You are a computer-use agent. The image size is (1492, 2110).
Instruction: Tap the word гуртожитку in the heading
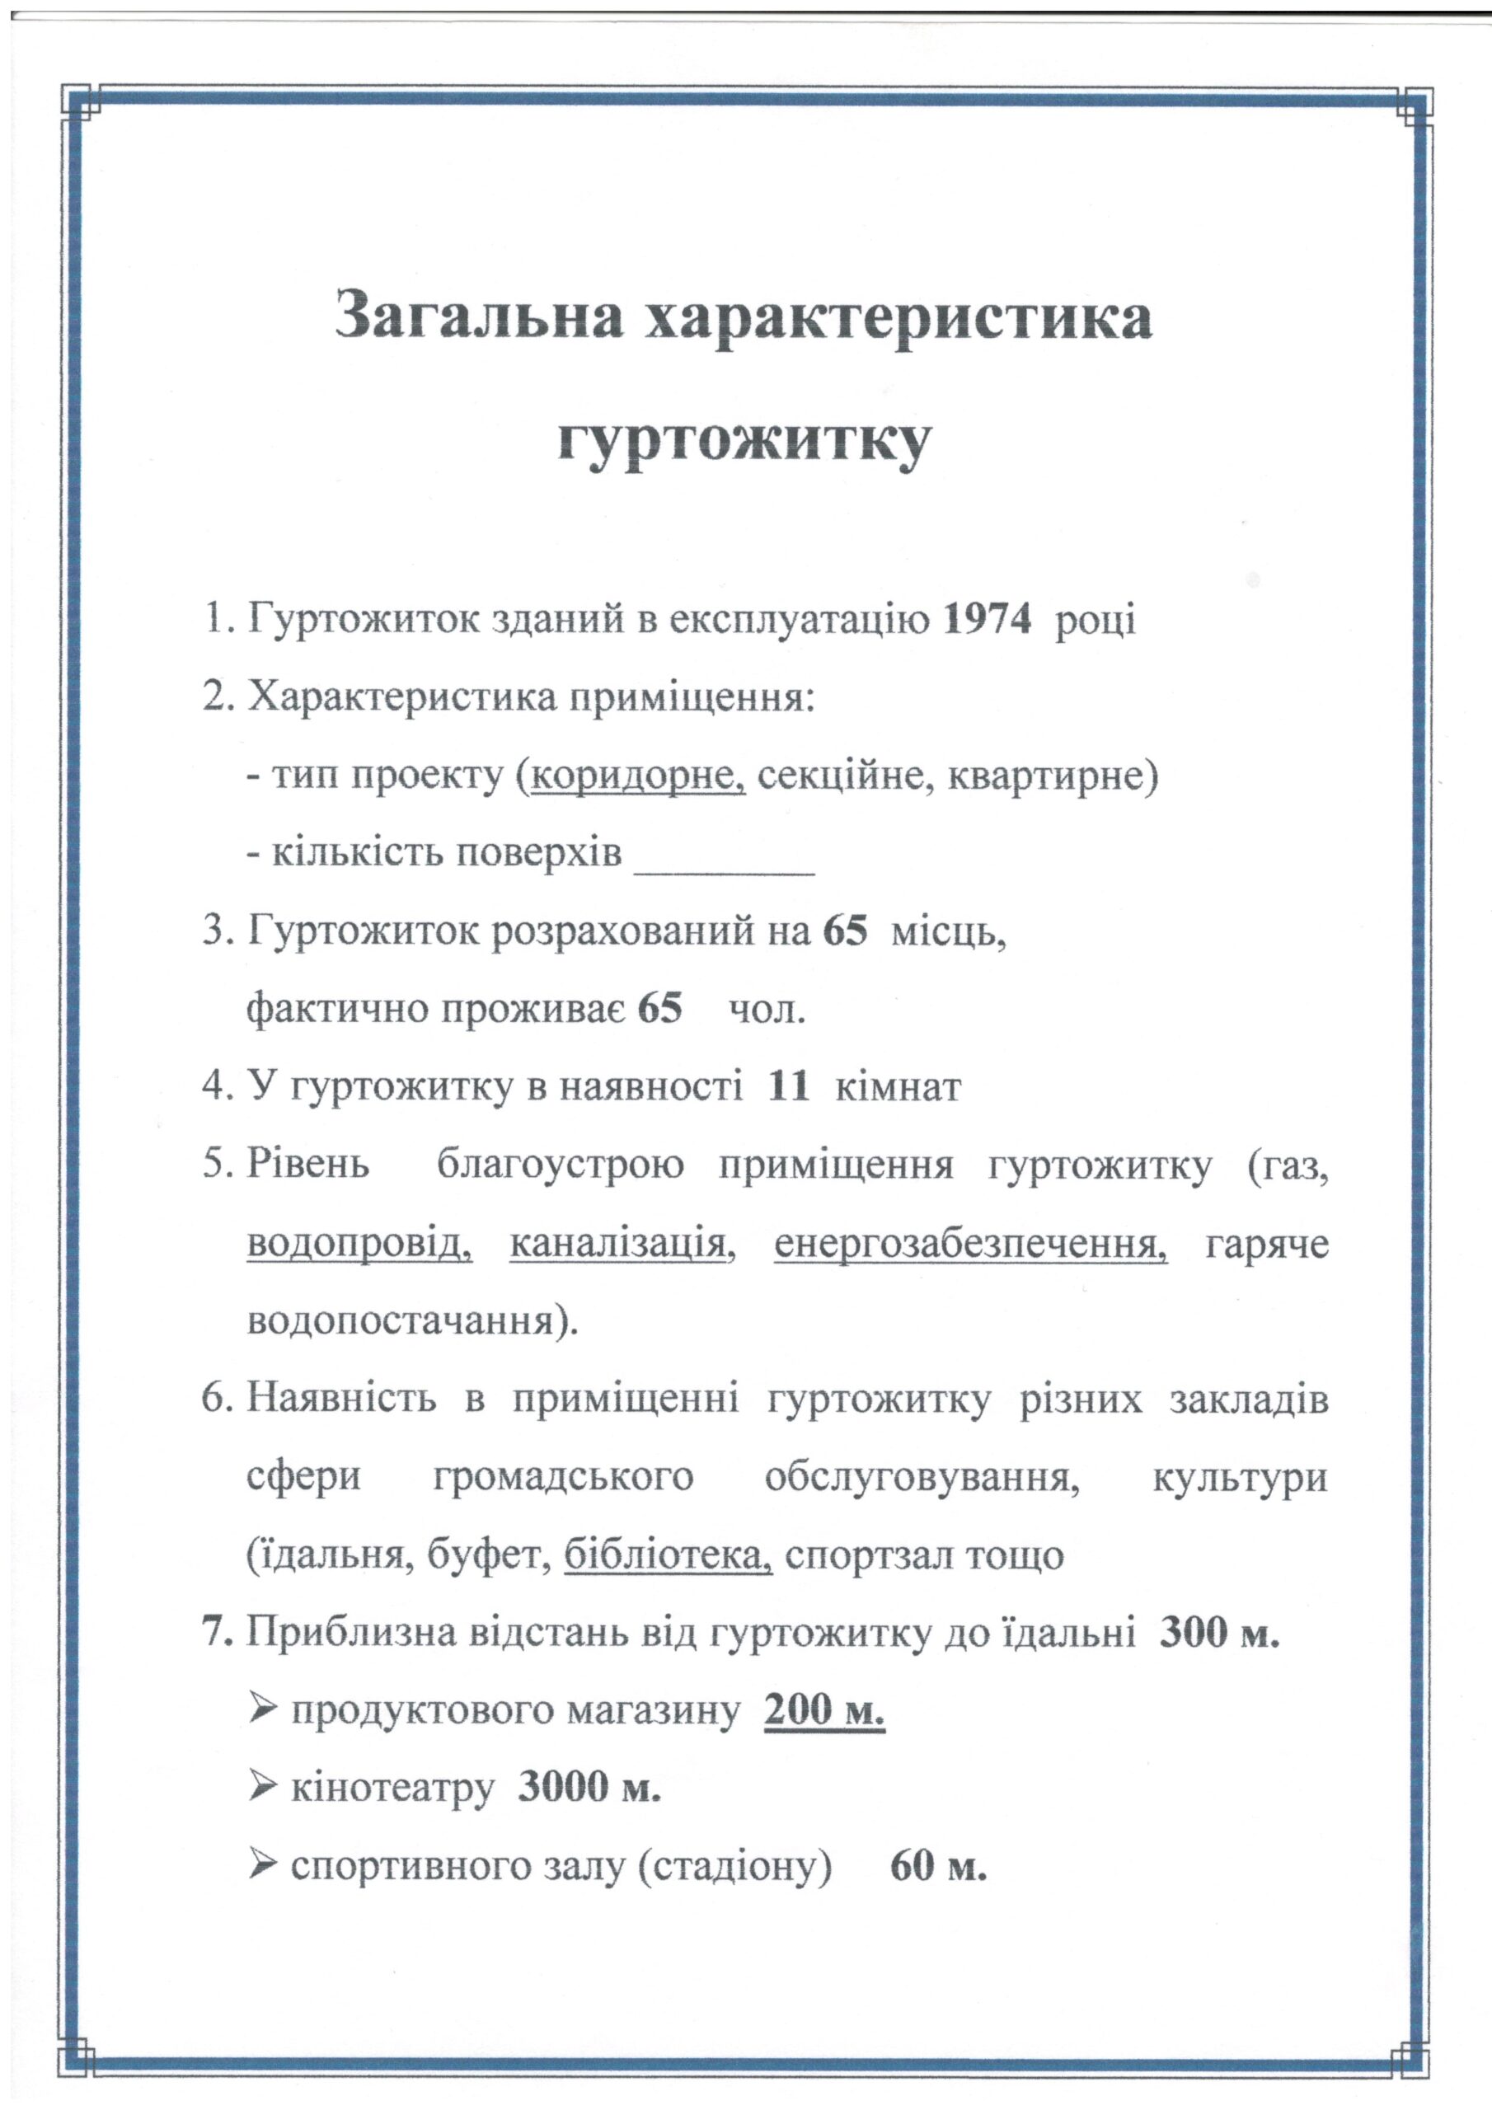pyautogui.click(x=744, y=443)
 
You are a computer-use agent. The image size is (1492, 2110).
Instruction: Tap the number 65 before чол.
pyautogui.click(x=660, y=1009)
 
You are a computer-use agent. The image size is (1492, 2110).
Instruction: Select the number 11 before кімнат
pyautogui.click(x=789, y=1087)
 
